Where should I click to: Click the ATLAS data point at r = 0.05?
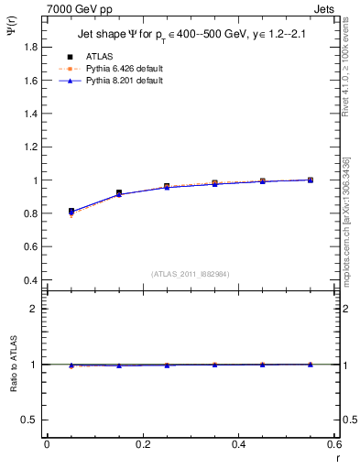pos(71,212)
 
